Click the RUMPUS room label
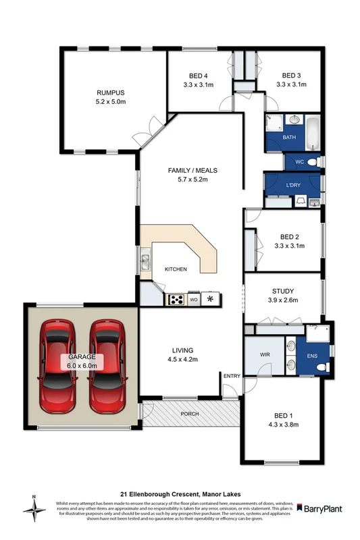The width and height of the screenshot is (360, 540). click(x=111, y=92)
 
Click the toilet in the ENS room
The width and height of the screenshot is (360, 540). click(x=322, y=367)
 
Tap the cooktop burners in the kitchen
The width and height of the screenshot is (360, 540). click(x=177, y=298)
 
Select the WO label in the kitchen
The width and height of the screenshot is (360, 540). click(x=194, y=298)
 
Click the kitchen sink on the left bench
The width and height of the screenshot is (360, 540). click(x=145, y=259)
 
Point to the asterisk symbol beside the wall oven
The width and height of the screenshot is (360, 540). click(x=211, y=298)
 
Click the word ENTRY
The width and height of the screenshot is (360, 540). click(x=232, y=376)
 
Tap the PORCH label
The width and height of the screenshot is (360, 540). click(x=190, y=414)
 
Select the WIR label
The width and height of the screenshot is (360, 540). click(x=265, y=354)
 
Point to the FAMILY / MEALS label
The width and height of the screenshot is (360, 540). click(x=192, y=170)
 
